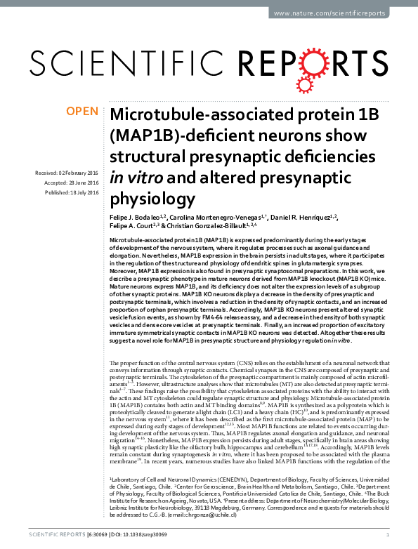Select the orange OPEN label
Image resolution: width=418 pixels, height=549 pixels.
(81, 112)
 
